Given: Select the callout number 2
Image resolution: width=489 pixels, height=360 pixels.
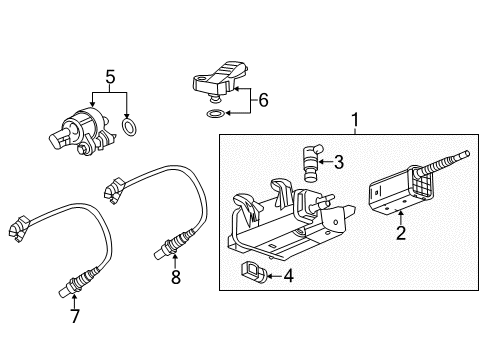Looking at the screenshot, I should coord(400,233).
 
